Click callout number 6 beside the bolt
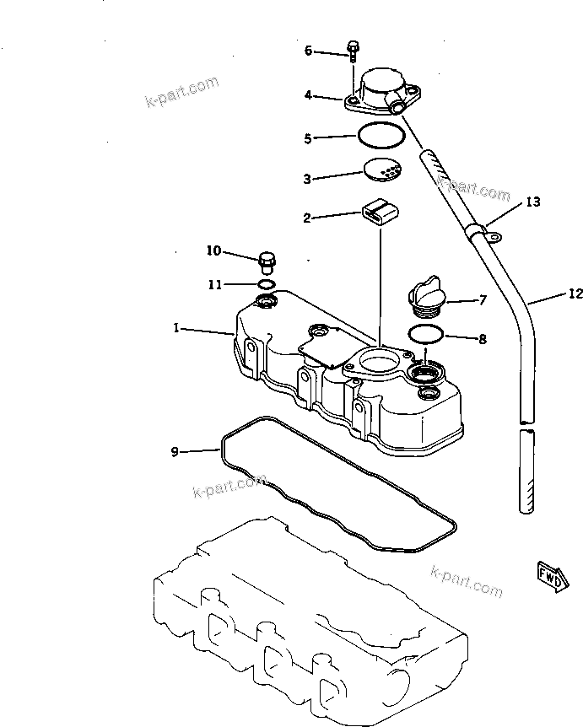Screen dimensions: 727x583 click(308, 51)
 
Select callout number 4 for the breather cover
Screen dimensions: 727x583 click(308, 96)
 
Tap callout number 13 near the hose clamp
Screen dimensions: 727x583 click(532, 202)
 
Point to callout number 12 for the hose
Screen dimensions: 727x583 click(575, 294)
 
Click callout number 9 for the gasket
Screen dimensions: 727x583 click(175, 452)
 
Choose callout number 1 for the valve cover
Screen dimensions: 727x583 click(176, 328)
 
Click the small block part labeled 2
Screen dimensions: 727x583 click(380, 212)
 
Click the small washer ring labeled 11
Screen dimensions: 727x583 click(266, 283)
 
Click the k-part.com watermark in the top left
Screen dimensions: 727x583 click(181, 93)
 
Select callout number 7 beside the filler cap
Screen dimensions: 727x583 click(483, 299)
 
